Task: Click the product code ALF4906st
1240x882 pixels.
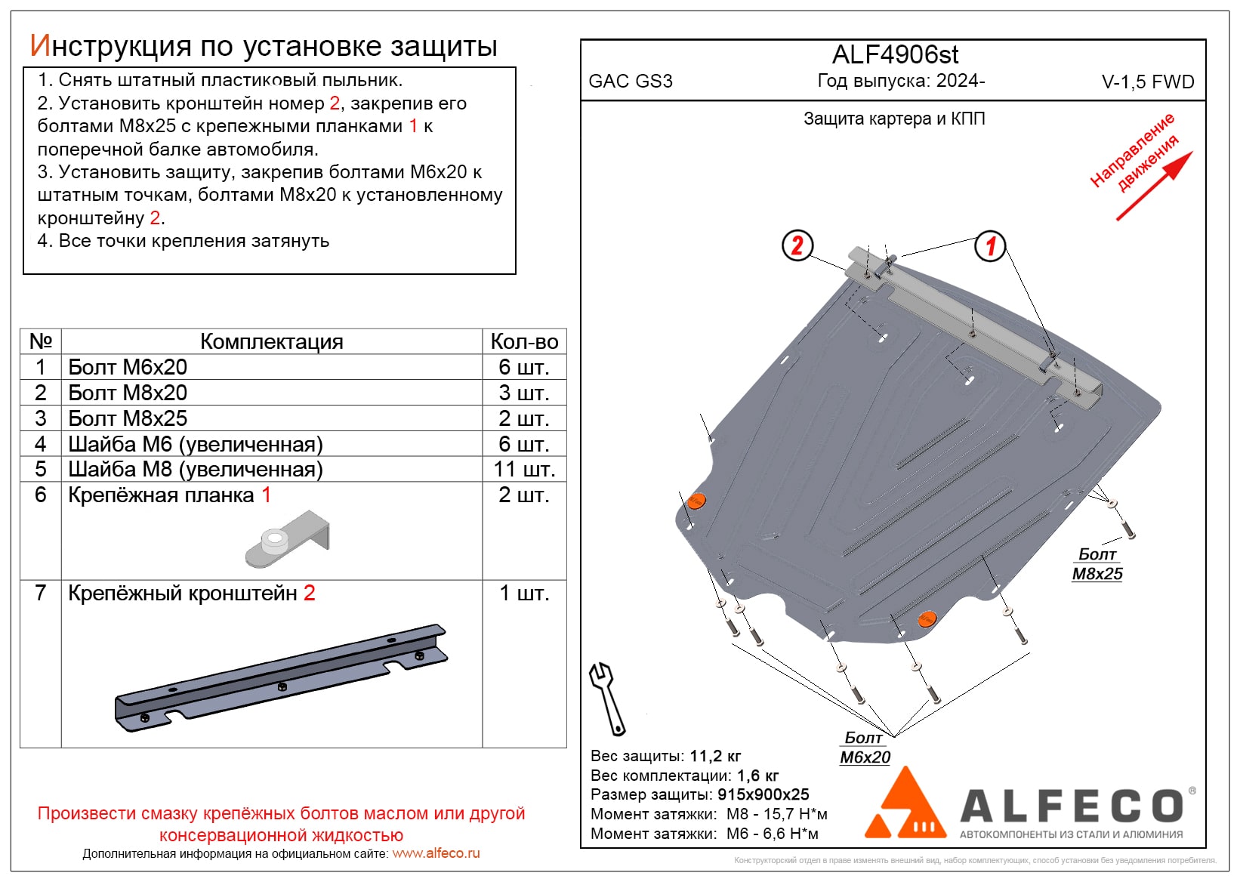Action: (895, 55)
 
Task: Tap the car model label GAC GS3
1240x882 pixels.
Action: (631, 82)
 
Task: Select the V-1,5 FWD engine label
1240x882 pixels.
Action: (1148, 82)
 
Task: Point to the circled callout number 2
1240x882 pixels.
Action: (797, 245)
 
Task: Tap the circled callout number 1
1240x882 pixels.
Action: (990, 245)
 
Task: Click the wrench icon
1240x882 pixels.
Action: (607, 699)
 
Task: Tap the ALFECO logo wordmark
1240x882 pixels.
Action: (1073, 806)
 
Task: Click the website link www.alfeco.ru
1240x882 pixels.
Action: (436, 853)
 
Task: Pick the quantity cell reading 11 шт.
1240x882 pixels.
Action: (524, 470)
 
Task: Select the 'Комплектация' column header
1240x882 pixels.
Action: (272, 341)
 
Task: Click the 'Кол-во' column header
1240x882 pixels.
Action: (524, 341)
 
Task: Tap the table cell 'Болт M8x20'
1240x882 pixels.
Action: (128, 393)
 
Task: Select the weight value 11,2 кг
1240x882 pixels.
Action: (715, 756)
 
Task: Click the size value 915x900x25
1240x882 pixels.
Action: (763, 794)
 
